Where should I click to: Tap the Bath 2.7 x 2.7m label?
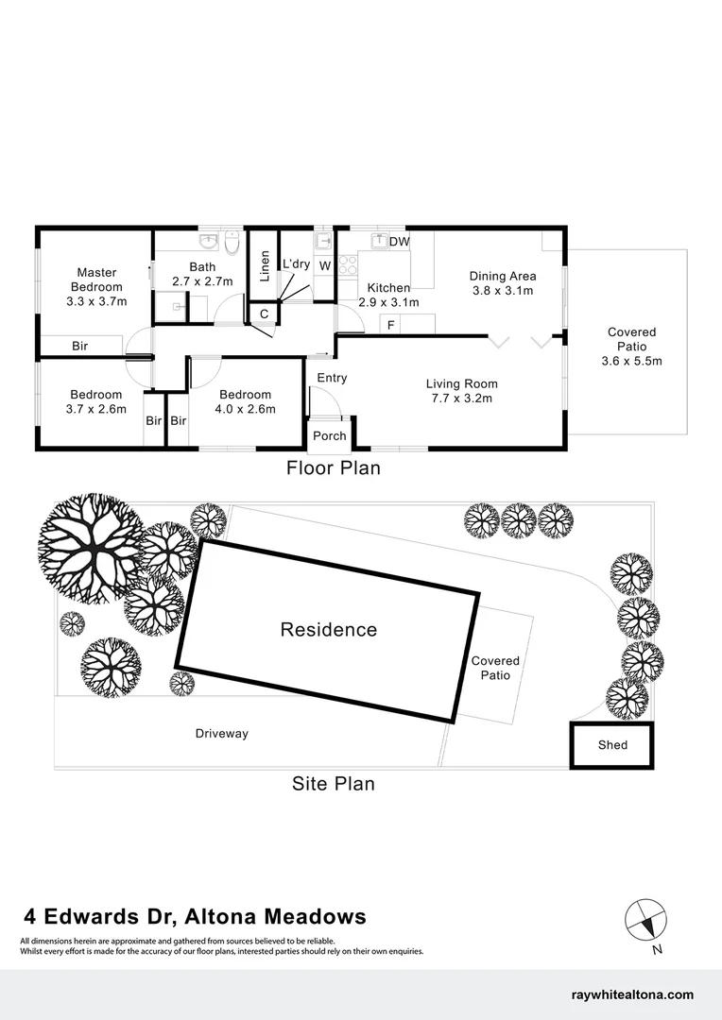[202, 274]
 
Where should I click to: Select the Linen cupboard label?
[265, 265]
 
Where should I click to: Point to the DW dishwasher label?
[399, 242]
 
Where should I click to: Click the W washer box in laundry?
[324, 266]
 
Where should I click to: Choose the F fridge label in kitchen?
[388, 325]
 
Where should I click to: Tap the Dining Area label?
[503, 283]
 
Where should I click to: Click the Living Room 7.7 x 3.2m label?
[461, 391]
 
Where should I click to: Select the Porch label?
[329, 435]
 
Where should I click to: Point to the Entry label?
[332, 378]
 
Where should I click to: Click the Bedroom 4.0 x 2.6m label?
[245, 401]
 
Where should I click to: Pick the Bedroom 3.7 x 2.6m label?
[95, 401]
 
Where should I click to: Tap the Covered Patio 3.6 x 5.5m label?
[631, 347]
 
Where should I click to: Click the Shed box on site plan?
[612, 745]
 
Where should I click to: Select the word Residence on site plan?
[328, 630]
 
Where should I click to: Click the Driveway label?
[221, 734]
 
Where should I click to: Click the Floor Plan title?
[333, 467]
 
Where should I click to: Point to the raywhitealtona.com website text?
[632, 994]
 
